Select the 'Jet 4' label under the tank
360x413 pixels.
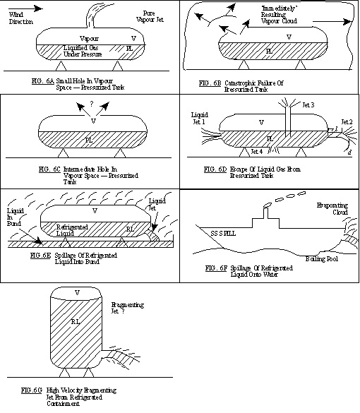[x=258, y=151]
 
